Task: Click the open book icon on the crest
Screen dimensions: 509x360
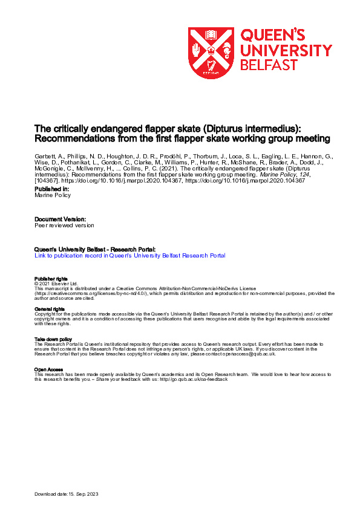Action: point(211,34)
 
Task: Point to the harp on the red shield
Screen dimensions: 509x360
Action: point(211,64)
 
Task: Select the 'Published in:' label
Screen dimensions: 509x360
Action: point(52,190)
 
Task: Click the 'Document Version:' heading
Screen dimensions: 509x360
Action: point(60,219)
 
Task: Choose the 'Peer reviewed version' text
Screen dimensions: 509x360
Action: point(64,225)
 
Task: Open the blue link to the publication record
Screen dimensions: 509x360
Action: point(130,256)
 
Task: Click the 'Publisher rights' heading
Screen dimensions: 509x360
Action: point(51,279)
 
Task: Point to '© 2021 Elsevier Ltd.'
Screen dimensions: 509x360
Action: point(56,284)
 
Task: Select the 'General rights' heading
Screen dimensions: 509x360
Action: point(50,309)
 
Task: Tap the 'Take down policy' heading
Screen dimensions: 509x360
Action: point(53,340)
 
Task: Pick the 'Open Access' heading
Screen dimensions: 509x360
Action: point(48,369)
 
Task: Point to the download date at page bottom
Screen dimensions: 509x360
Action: point(66,494)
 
